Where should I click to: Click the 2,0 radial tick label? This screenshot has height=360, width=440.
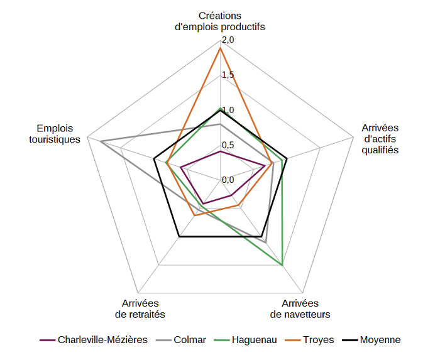228,40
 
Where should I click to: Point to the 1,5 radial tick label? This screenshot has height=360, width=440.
228,75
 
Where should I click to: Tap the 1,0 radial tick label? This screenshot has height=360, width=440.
228,111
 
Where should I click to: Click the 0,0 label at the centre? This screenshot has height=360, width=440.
228,180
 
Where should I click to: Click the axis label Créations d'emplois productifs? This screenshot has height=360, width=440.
220,21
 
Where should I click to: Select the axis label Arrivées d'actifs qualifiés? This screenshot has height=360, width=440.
380,139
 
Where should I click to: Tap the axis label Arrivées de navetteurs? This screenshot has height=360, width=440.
300,308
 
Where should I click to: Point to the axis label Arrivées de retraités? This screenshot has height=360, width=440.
141,308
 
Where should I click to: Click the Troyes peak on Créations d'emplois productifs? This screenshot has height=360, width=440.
220,48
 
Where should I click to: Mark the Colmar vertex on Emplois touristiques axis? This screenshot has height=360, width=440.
101,141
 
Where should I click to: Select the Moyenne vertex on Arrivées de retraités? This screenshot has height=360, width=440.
179,237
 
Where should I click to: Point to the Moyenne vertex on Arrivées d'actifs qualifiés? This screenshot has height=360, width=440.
287,158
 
